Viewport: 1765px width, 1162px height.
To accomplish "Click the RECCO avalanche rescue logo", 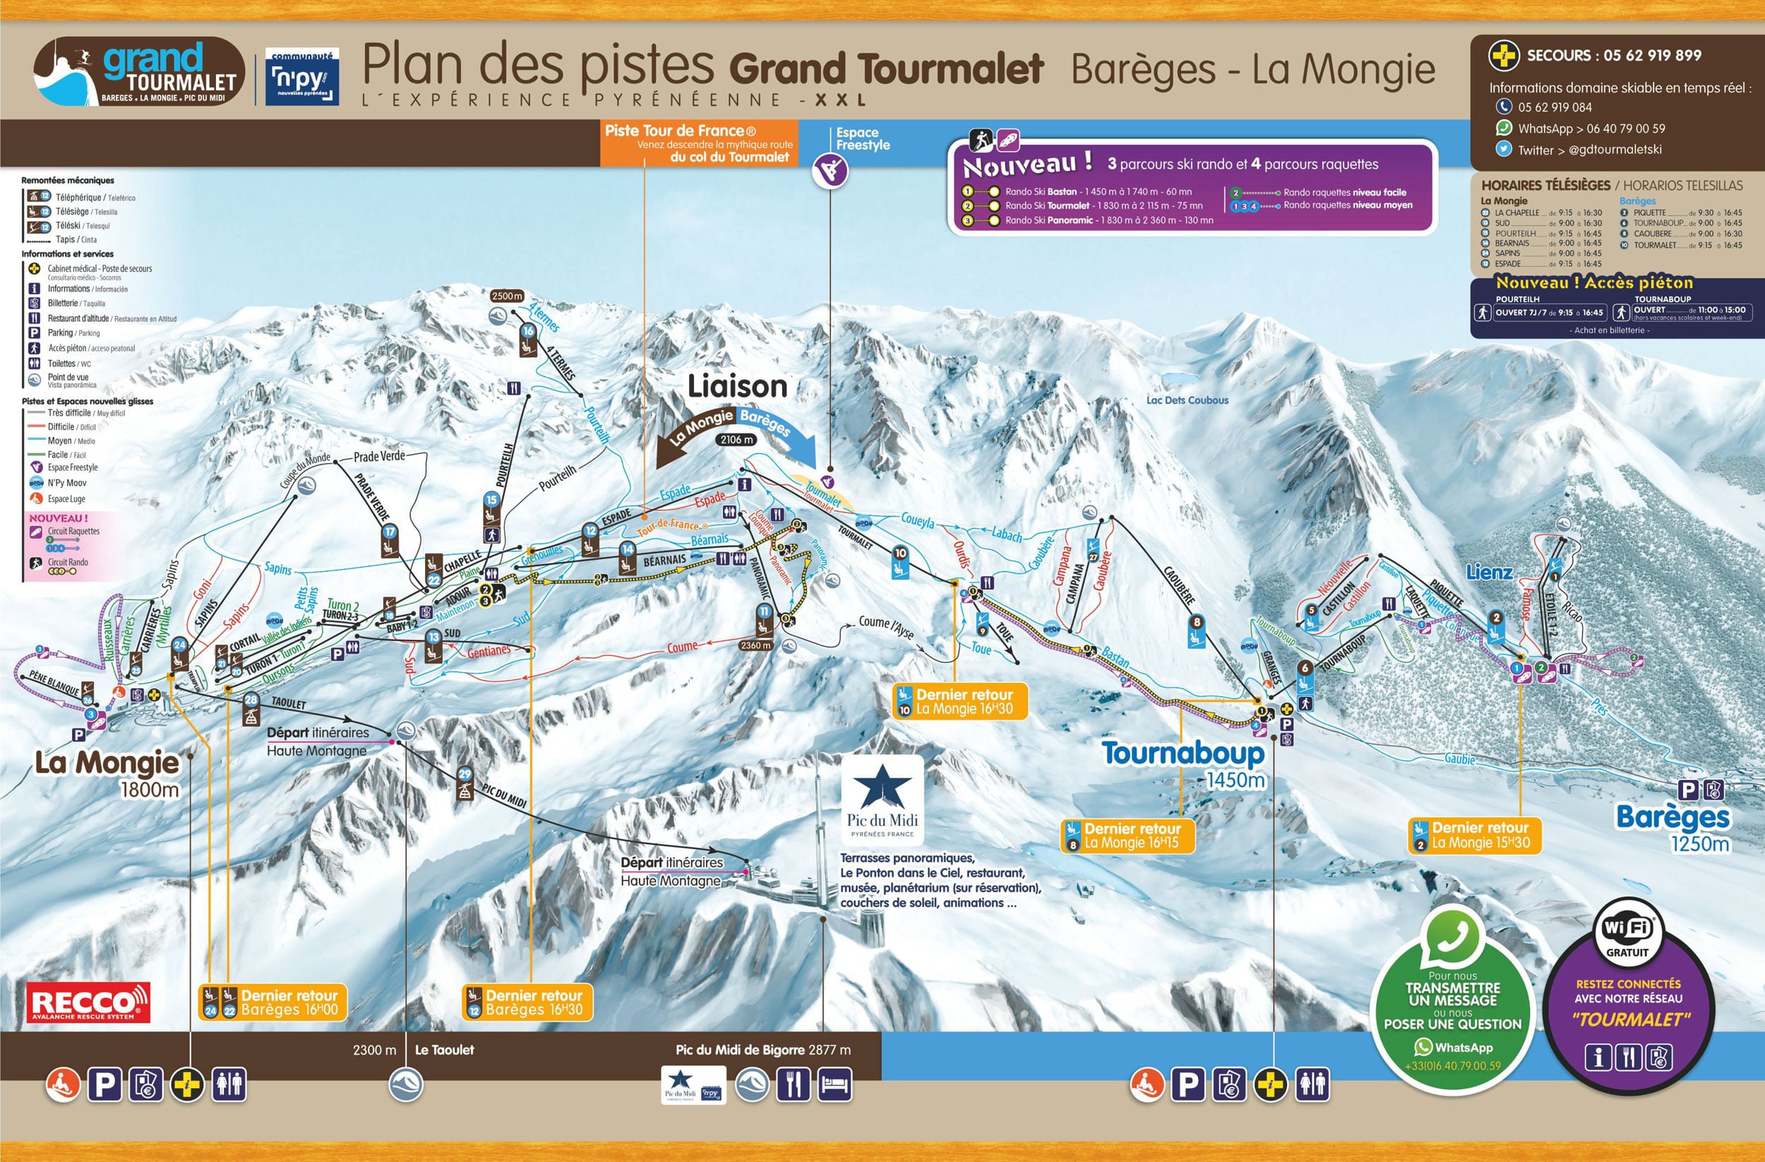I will point(88,1002).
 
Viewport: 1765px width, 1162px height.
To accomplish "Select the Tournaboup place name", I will point(1183,753).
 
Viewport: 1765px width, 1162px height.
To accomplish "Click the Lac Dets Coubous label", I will point(1187,400).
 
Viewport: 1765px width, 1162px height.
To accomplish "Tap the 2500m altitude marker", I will point(506,296).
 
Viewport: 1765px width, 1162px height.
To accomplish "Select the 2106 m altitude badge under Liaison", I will point(736,440).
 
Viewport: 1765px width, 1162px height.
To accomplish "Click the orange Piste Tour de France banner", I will point(698,143).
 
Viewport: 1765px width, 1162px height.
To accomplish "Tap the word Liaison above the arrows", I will point(736,386).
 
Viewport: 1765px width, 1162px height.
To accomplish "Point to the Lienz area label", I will point(1488,573).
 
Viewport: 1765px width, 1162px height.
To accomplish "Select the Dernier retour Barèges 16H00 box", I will point(273,1002).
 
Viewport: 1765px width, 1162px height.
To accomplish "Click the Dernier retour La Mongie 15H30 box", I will point(1474,835).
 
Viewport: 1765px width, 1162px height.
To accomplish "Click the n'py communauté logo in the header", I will point(302,77).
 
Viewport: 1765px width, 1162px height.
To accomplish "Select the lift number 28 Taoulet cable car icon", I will point(251,710).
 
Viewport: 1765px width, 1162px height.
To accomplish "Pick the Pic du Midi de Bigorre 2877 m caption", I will point(762,1049).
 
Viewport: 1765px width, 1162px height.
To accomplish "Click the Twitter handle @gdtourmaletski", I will point(1615,150).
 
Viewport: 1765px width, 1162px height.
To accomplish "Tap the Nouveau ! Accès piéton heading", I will point(1593,282).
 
